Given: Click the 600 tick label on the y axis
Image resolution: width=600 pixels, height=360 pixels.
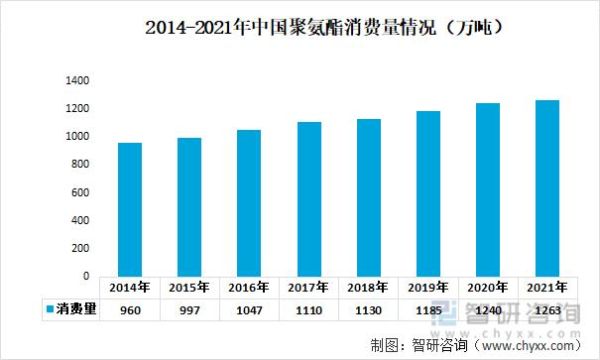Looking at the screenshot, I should coord(79,192).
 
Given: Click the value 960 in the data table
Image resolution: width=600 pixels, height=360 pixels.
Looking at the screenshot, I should coord(129,310).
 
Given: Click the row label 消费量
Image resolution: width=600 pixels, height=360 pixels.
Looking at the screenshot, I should coord(77,310).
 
